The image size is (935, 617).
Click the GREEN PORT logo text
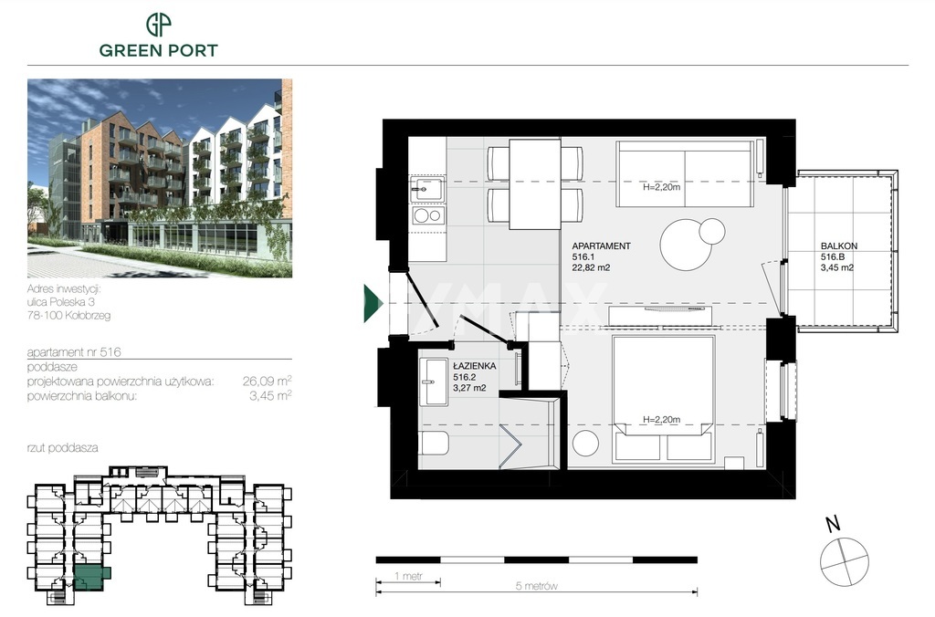(159, 50)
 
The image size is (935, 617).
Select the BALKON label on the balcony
(839, 246)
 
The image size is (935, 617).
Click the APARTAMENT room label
(601, 246)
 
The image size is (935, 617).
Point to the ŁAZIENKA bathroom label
(474, 365)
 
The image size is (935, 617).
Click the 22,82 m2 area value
(591, 268)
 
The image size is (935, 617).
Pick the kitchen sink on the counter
(425, 190)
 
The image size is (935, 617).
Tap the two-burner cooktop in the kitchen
(426, 215)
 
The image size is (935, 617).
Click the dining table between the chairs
(535, 183)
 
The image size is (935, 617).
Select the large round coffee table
(685, 245)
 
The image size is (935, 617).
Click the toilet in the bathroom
(434, 444)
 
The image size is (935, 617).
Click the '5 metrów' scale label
(535, 586)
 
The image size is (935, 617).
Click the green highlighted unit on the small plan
(89, 577)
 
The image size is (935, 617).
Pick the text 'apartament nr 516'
(75, 351)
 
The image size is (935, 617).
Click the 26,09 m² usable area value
(268, 381)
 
